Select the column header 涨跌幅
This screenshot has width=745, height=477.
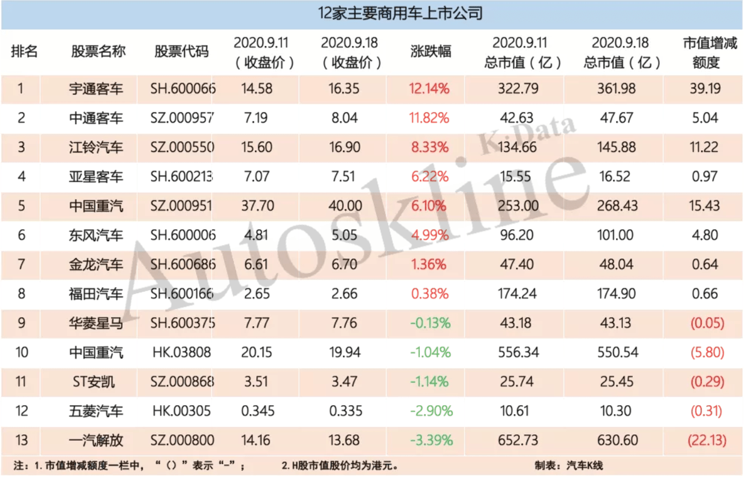(431, 52)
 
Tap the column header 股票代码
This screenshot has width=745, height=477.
(181, 52)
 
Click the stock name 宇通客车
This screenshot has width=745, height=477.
(96, 89)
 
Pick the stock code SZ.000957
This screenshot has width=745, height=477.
(183, 119)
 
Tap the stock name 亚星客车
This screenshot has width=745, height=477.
(96, 177)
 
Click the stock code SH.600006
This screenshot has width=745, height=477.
(183, 235)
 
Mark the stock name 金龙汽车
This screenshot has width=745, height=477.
(96, 265)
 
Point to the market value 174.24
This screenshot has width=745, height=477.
(517, 294)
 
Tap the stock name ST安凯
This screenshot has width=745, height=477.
(96, 382)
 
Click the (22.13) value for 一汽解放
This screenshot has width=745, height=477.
(706, 441)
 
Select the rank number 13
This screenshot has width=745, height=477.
(22, 441)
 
